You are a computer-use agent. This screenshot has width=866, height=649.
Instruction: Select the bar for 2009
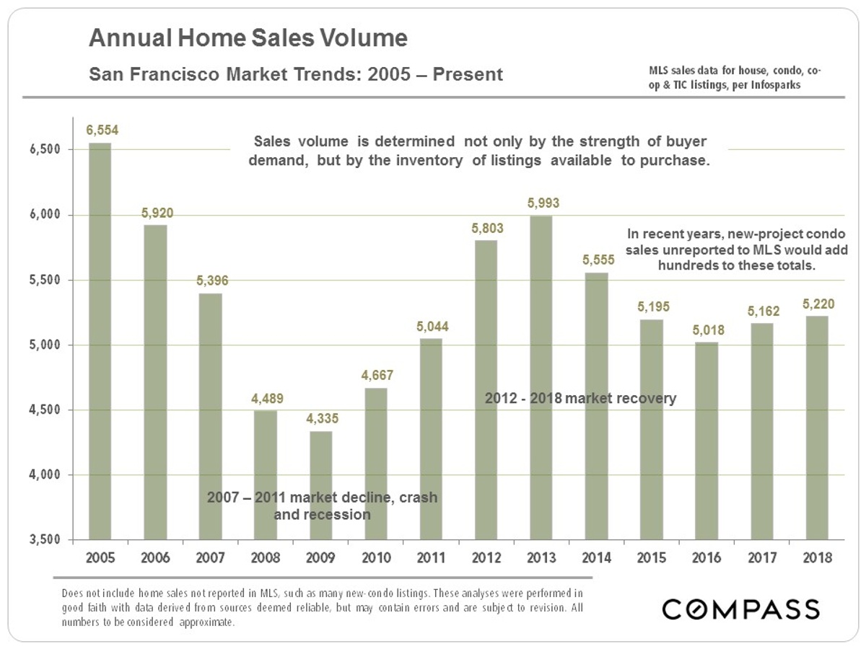click(321, 485)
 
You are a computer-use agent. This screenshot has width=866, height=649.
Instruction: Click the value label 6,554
click(102, 131)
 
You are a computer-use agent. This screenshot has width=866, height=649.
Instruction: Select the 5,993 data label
click(543, 203)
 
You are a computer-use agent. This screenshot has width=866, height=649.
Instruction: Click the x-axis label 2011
click(432, 557)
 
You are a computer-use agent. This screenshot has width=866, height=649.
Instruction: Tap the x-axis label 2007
click(210, 557)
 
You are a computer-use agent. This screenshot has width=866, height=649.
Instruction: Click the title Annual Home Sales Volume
click(248, 37)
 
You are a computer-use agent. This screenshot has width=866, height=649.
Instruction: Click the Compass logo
click(741, 609)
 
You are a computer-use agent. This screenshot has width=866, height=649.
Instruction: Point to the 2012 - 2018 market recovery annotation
click(580, 397)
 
